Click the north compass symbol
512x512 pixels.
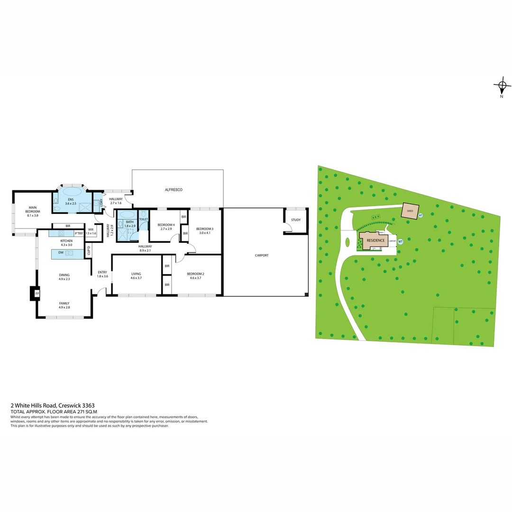[x=502, y=86]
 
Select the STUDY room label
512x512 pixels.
[x=296, y=220]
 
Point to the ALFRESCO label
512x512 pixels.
[x=174, y=190]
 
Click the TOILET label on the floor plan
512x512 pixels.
[x=144, y=219]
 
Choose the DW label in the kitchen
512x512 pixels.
[x=61, y=253]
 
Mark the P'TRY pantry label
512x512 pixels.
[x=79, y=233]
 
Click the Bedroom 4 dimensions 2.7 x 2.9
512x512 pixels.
[x=166, y=229]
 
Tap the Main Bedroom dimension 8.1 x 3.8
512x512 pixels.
[x=33, y=215]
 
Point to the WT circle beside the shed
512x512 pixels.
[x=420, y=216]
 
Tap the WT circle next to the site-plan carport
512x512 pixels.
[x=400, y=241]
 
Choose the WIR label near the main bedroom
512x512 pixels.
[x=91, y=229]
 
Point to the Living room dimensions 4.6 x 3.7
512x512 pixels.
[x=137, y=278]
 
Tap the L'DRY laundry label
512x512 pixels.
[x=101, y=202]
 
